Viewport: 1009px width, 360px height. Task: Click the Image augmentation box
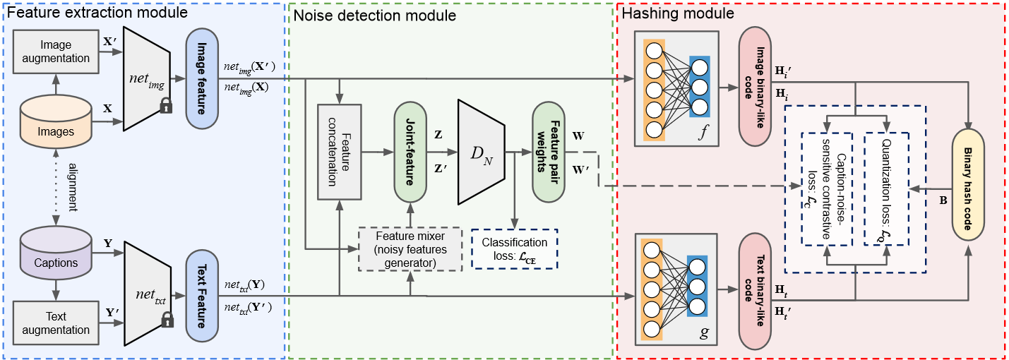coord(56,52)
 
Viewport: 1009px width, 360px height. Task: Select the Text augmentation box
coord(56,322)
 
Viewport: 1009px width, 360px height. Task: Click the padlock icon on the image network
coord(166,106)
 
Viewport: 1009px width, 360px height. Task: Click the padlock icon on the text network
coord(167,321)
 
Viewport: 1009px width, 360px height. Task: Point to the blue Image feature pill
coord(201,79)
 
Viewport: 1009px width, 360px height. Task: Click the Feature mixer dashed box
coord(410,248)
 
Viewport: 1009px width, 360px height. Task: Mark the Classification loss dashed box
coord(514,248)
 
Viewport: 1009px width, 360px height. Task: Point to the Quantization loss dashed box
coord(887,189)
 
